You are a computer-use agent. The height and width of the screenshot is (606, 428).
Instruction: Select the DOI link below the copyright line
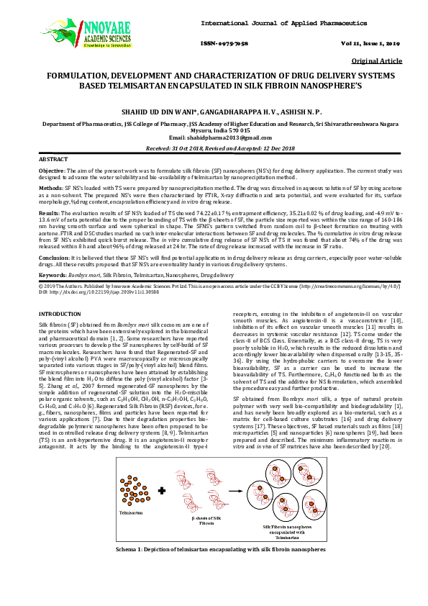94,293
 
